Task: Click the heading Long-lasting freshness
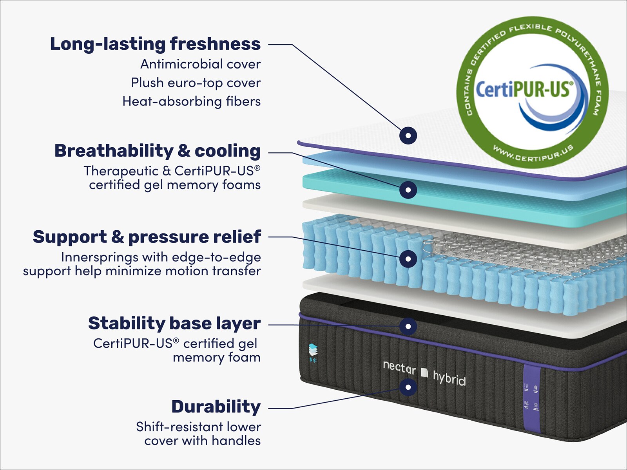point(155,44)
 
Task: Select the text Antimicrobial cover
point(200,64)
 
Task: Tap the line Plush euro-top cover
point(196,83)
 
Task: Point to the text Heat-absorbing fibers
point(191,101)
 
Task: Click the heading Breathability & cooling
point(157,151)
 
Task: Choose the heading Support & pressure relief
point(147,237)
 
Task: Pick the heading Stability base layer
point(174,324)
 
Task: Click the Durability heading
point(216,407)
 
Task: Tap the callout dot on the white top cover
point(408,136)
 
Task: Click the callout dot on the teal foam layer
point(408,190)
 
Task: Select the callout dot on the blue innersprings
point(408,258)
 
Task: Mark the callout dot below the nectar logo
point(408,387)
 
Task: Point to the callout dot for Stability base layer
point(408,326)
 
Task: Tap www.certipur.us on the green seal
point(533,153)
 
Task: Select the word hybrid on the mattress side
point(449,378)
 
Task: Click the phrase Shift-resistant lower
point(198,427)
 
